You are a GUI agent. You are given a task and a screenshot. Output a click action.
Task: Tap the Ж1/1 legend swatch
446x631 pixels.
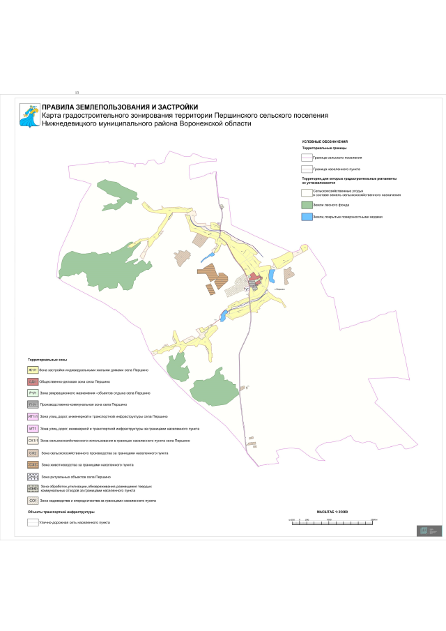pyautogui.click(x=32, y=370)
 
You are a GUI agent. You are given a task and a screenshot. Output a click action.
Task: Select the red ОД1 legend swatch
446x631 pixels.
pyautogui.click(x=32, y=381)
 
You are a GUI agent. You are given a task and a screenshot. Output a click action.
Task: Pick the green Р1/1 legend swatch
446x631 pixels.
pyautogui.click(x=32, y=393)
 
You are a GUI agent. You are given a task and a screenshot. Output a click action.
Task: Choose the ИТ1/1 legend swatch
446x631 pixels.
pyautogui.click(x=32, y=416)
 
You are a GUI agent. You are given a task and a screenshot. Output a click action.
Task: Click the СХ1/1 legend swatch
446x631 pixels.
pyautogui.click(x=32, y=441)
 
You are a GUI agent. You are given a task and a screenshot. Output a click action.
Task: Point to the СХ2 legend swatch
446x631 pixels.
pyautogui.click(x=32, y=453)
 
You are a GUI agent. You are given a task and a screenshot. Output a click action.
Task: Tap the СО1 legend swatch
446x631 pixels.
pyautogui.click(x=32, y=501)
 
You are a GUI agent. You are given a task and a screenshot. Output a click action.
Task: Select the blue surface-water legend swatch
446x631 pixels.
pyautogui.click(x=306, y=217)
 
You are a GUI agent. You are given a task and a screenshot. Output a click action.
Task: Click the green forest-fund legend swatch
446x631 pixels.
pyautogui.click(x=306, y=205)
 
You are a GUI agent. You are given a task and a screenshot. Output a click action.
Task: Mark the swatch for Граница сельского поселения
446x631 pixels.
pyautogui.click(x=306, y=158)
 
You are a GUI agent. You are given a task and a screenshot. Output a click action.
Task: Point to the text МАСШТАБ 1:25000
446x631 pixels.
pyautogui.click(x=332, y=512)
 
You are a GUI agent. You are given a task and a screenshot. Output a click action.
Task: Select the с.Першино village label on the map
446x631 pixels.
pyautogui.click(x=281, y=289)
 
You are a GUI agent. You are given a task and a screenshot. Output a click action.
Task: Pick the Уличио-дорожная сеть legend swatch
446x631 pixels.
pyautogui.click(x=32, y=522)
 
